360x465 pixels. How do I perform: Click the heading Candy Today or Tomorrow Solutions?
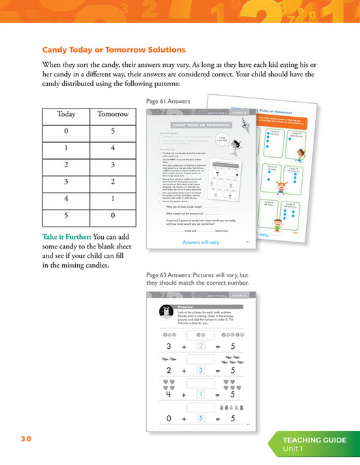click(x=113, y=51)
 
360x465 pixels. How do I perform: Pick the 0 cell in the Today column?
click(x=66, y=130)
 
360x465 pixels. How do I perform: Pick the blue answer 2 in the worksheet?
click(x=201, y=346)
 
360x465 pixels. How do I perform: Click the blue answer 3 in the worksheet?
click(x=201, y=370)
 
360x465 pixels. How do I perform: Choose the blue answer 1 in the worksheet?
click(x=201, y=394)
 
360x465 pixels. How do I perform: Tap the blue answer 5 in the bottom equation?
click(x=201, y=418)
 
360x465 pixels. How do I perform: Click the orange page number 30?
click(x=25, y=439)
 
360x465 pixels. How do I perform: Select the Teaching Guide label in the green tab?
click(x=315, y=440)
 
